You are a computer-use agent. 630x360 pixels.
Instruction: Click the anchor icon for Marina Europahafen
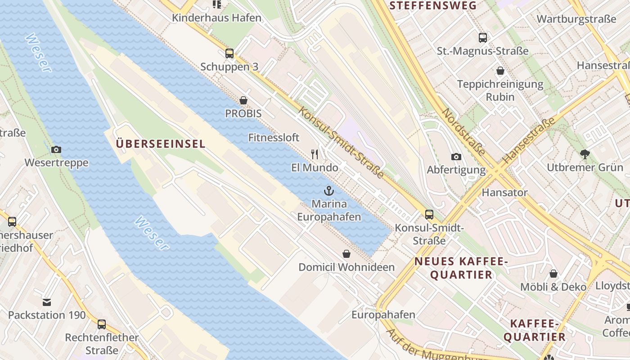click(329, 191)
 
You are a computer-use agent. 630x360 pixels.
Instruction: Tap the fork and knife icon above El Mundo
click(315, 154)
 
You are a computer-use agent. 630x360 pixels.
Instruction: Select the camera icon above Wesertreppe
click(56, 149)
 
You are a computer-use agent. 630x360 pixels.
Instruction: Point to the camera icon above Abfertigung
click(456, 157)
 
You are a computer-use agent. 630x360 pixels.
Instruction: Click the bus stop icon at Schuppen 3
click(229, 54)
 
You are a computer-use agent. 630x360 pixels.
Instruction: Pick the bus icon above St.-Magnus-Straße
click(483, 37)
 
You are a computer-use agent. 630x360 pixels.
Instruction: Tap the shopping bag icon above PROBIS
click(243, 100)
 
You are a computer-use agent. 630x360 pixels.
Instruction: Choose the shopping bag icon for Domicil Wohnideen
click(346, 254)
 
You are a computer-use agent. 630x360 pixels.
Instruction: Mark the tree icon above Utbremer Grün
click(585, 154)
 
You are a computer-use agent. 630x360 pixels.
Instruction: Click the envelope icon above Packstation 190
click(47, 302)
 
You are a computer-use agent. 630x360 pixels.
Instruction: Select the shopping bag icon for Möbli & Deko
click(553, 274)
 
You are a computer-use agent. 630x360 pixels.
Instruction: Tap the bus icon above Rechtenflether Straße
click(102, 324)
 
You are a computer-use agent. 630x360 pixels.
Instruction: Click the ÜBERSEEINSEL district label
click(161, 144)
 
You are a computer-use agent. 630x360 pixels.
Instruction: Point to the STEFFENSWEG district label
click(432, 6)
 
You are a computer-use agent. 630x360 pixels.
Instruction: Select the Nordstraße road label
click(464, 132)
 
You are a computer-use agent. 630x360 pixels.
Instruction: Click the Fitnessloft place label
click(274, 138)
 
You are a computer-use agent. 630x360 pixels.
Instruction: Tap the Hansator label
click(504, 193)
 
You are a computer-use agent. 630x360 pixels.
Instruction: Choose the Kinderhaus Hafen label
click(216, 18)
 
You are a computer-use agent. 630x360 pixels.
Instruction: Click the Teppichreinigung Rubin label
click(500, 90)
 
